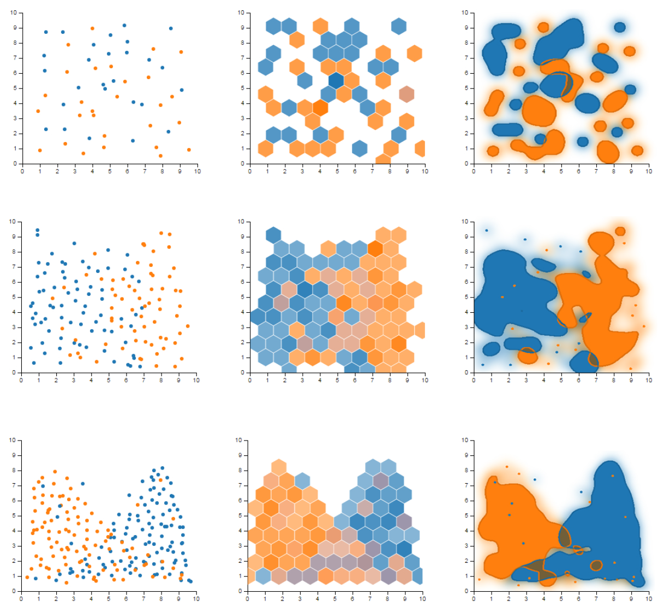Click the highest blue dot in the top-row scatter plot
point(124,26)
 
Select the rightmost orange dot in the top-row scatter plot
point(189,150)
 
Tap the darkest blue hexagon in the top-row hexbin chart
point(336,80)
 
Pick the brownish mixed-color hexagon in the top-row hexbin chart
point(406,94)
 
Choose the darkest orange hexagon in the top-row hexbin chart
point(320,108)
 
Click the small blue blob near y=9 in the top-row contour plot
point(620,27)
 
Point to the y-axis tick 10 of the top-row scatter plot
point(14,13)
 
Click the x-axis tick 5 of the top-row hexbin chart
point(337,171)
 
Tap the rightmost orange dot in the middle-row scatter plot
point(188,326)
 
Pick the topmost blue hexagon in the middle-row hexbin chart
point(273,235)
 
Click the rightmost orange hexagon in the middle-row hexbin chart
point(419,330)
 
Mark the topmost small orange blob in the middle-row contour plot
point(620,231)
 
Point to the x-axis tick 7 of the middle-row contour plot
point(596,381)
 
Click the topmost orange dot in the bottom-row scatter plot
point(55,472)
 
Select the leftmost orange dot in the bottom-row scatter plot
point(27,577)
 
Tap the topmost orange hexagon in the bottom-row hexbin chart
point(279,467)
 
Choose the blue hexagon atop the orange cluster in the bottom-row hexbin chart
point(302,481)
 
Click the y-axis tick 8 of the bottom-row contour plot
point(465,471)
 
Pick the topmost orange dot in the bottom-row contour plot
point(507,467)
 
